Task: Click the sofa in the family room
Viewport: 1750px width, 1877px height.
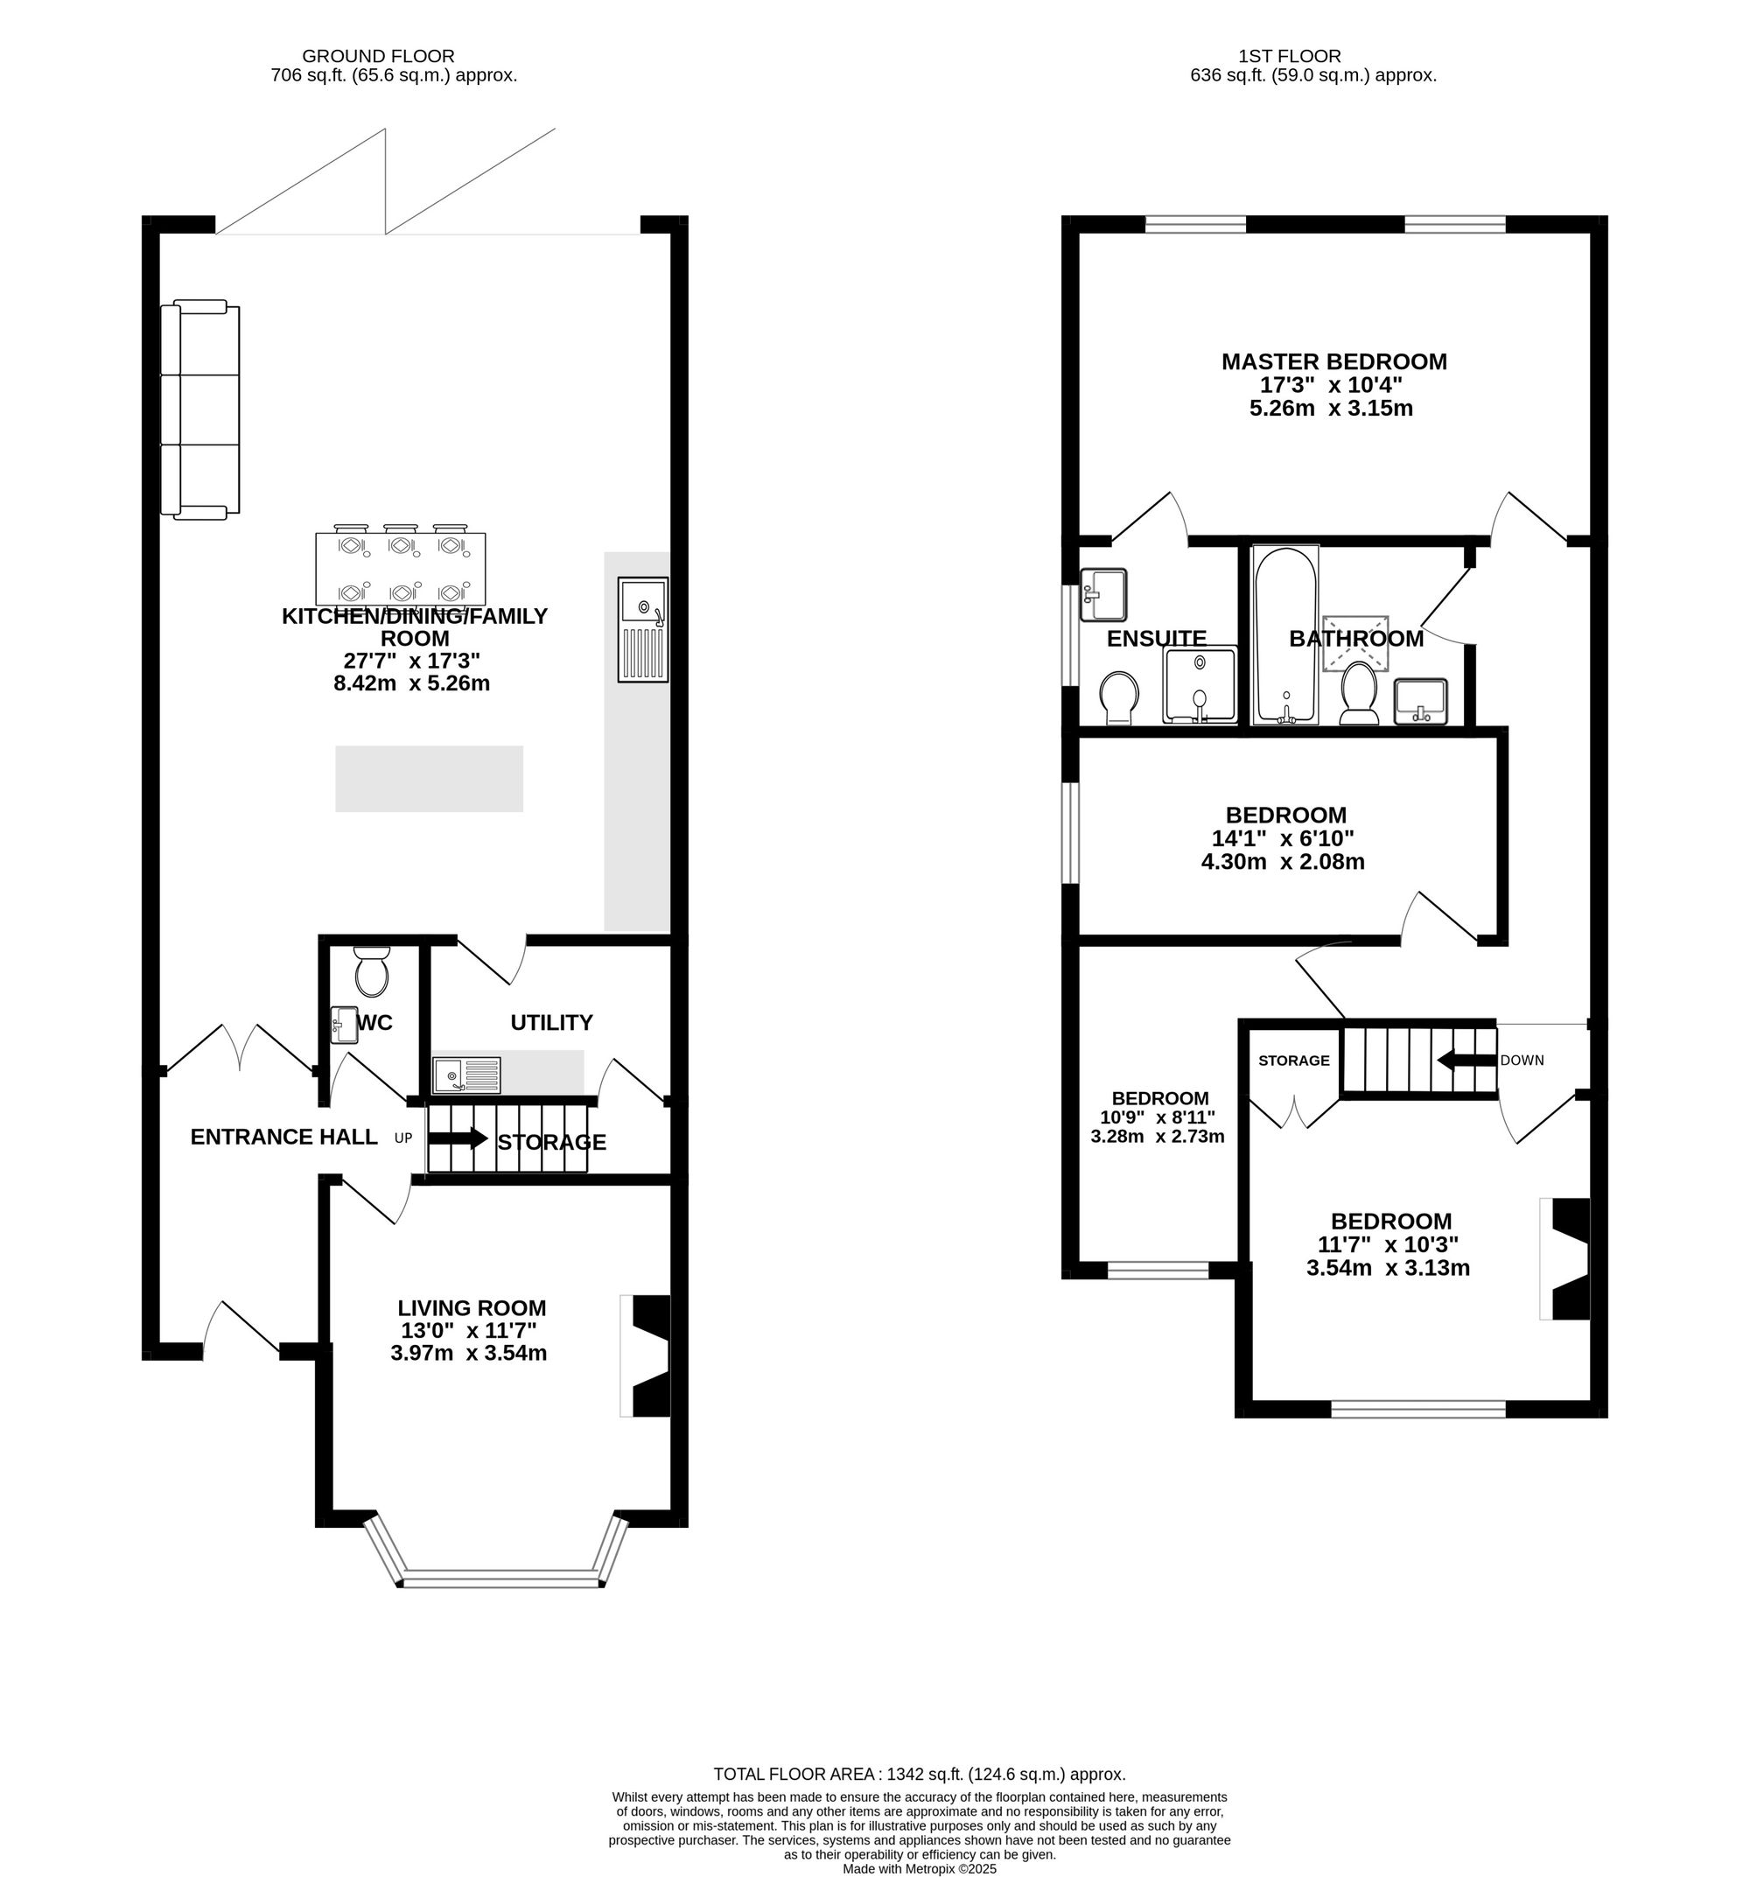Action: pyautogui.click(x=200, y=409)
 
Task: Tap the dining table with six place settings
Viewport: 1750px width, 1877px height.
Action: pyautogui.click(x=400, y=569)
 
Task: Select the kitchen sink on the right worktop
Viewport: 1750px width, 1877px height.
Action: pyautogui.click(x=643, y=629)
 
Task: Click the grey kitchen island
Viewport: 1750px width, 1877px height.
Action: pyautogui.click(x=430, y=779)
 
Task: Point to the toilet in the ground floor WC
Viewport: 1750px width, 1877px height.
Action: pyautogui.click(x=371, y=973)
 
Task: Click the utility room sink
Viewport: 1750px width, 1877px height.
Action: pyautogui.click(x=466, y=1075)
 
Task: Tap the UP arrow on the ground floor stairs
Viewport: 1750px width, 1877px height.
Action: pyautogui.click(x=458, y=1138)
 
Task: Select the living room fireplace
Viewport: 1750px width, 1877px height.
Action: pyautogui.click(x=646, y=1355)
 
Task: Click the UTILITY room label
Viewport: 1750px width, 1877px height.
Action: pyautogui.click(x=551, y=1023)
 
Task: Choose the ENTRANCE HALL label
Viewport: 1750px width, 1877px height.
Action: pyautogui.click(x=284, y=1137)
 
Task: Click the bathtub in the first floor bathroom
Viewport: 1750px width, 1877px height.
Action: pyautogui.click(x=1284, y=634)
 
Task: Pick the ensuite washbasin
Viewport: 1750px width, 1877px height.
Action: pyautogui.click(x=1103, y=594)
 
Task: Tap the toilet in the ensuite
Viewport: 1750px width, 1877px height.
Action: pyautogui.click(x=1119, y=697)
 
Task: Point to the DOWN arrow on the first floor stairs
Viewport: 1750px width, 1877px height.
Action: pyautogui.click(x=1466, y=1061)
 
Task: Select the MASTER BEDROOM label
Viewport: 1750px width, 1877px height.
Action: pyautogui.click(x=1333, y=361)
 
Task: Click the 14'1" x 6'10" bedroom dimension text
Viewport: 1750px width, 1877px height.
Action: pyautogui.click(x=1283, y=838)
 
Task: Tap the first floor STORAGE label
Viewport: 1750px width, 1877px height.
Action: pyautogui.click(x=1293, y=1061)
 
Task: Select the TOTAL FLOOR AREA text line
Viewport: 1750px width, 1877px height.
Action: pyautogui.click(x=920, y=1774)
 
